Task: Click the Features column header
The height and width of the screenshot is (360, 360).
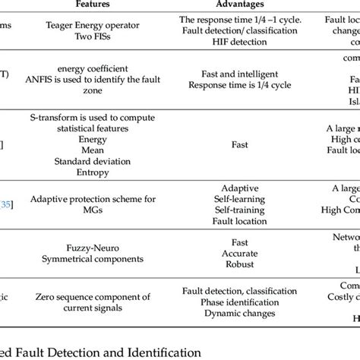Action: click(93, 5)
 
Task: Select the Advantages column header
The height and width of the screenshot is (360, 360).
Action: click(239, 5)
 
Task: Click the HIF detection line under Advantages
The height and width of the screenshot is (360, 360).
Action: click(239, 43)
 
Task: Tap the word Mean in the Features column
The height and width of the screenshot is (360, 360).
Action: click(93, 150)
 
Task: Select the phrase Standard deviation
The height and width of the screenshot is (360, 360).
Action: click(93, 162)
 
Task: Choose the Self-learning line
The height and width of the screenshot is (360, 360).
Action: click(239, 199)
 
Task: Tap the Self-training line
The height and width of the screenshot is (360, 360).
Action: click(239, 211)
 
